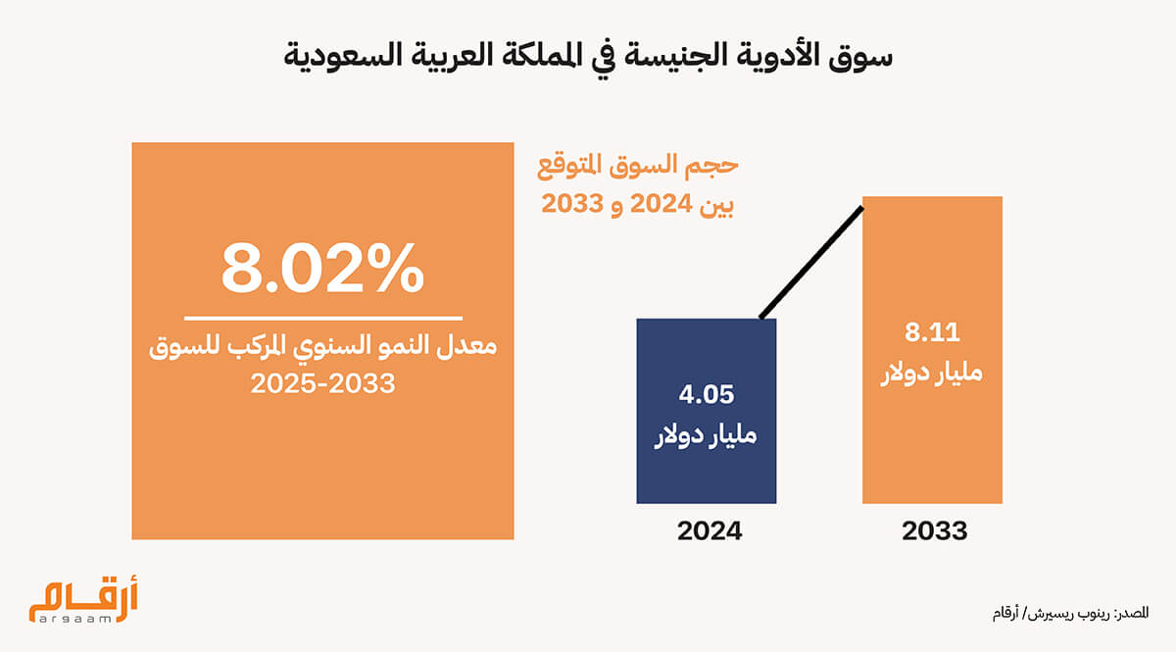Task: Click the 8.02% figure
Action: click(x=322, y=268)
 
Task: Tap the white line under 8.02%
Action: click(x=322, y=318)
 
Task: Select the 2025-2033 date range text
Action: click(x=322, y=383)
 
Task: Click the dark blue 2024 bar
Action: click(x=707, y=411)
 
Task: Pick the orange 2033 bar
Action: click(x=932, y=350)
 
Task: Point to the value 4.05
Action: click(x=707, y=394)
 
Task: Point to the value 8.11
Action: click(x=932, y=332)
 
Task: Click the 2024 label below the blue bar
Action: click(x=710, y=530)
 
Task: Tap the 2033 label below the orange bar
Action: click(x=935, y=530)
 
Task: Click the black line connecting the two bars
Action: click(x=811, y=262)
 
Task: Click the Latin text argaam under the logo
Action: click(x=74, y=619)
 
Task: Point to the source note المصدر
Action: click(x=1133, y=613)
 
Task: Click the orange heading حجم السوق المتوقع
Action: click(x=637, y=166)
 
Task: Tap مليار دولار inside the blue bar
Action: click(x=707, y=435)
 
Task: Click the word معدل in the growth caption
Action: click(x=466, y=346)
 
